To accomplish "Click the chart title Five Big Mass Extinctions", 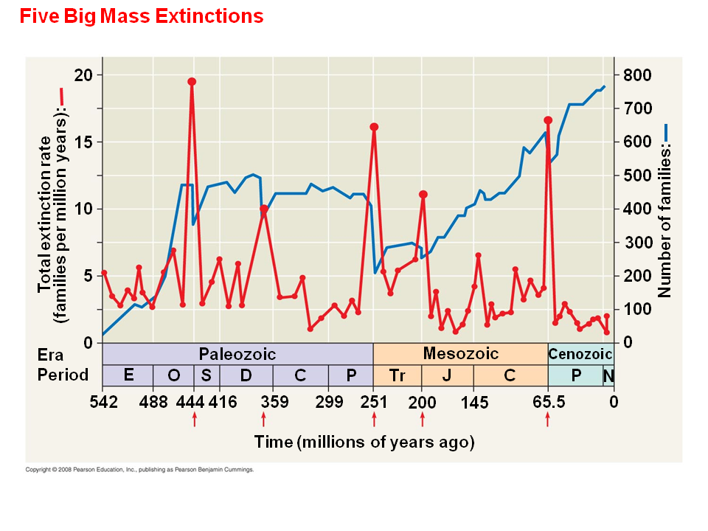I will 142,16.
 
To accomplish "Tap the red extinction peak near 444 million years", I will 192,82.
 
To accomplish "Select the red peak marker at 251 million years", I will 374,127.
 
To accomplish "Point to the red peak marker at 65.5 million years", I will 548,120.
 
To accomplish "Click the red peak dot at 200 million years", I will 423,195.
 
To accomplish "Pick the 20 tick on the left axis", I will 83,75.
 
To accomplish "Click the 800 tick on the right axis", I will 637,75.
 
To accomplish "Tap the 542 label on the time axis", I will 103,402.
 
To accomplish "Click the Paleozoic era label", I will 237,355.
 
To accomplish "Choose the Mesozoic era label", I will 460,354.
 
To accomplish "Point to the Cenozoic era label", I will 580,355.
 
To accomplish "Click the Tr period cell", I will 398,375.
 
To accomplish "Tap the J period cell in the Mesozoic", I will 447,375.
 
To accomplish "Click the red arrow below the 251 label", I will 374,420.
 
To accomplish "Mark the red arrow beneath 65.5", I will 547,420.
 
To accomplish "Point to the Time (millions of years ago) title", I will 364,442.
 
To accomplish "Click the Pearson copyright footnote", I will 139,469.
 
